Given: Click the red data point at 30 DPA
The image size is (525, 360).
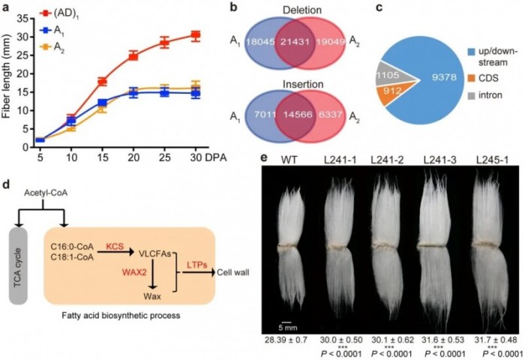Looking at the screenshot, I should (x=195, y=35).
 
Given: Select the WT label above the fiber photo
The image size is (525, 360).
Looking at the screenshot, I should (x=286, y=158).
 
